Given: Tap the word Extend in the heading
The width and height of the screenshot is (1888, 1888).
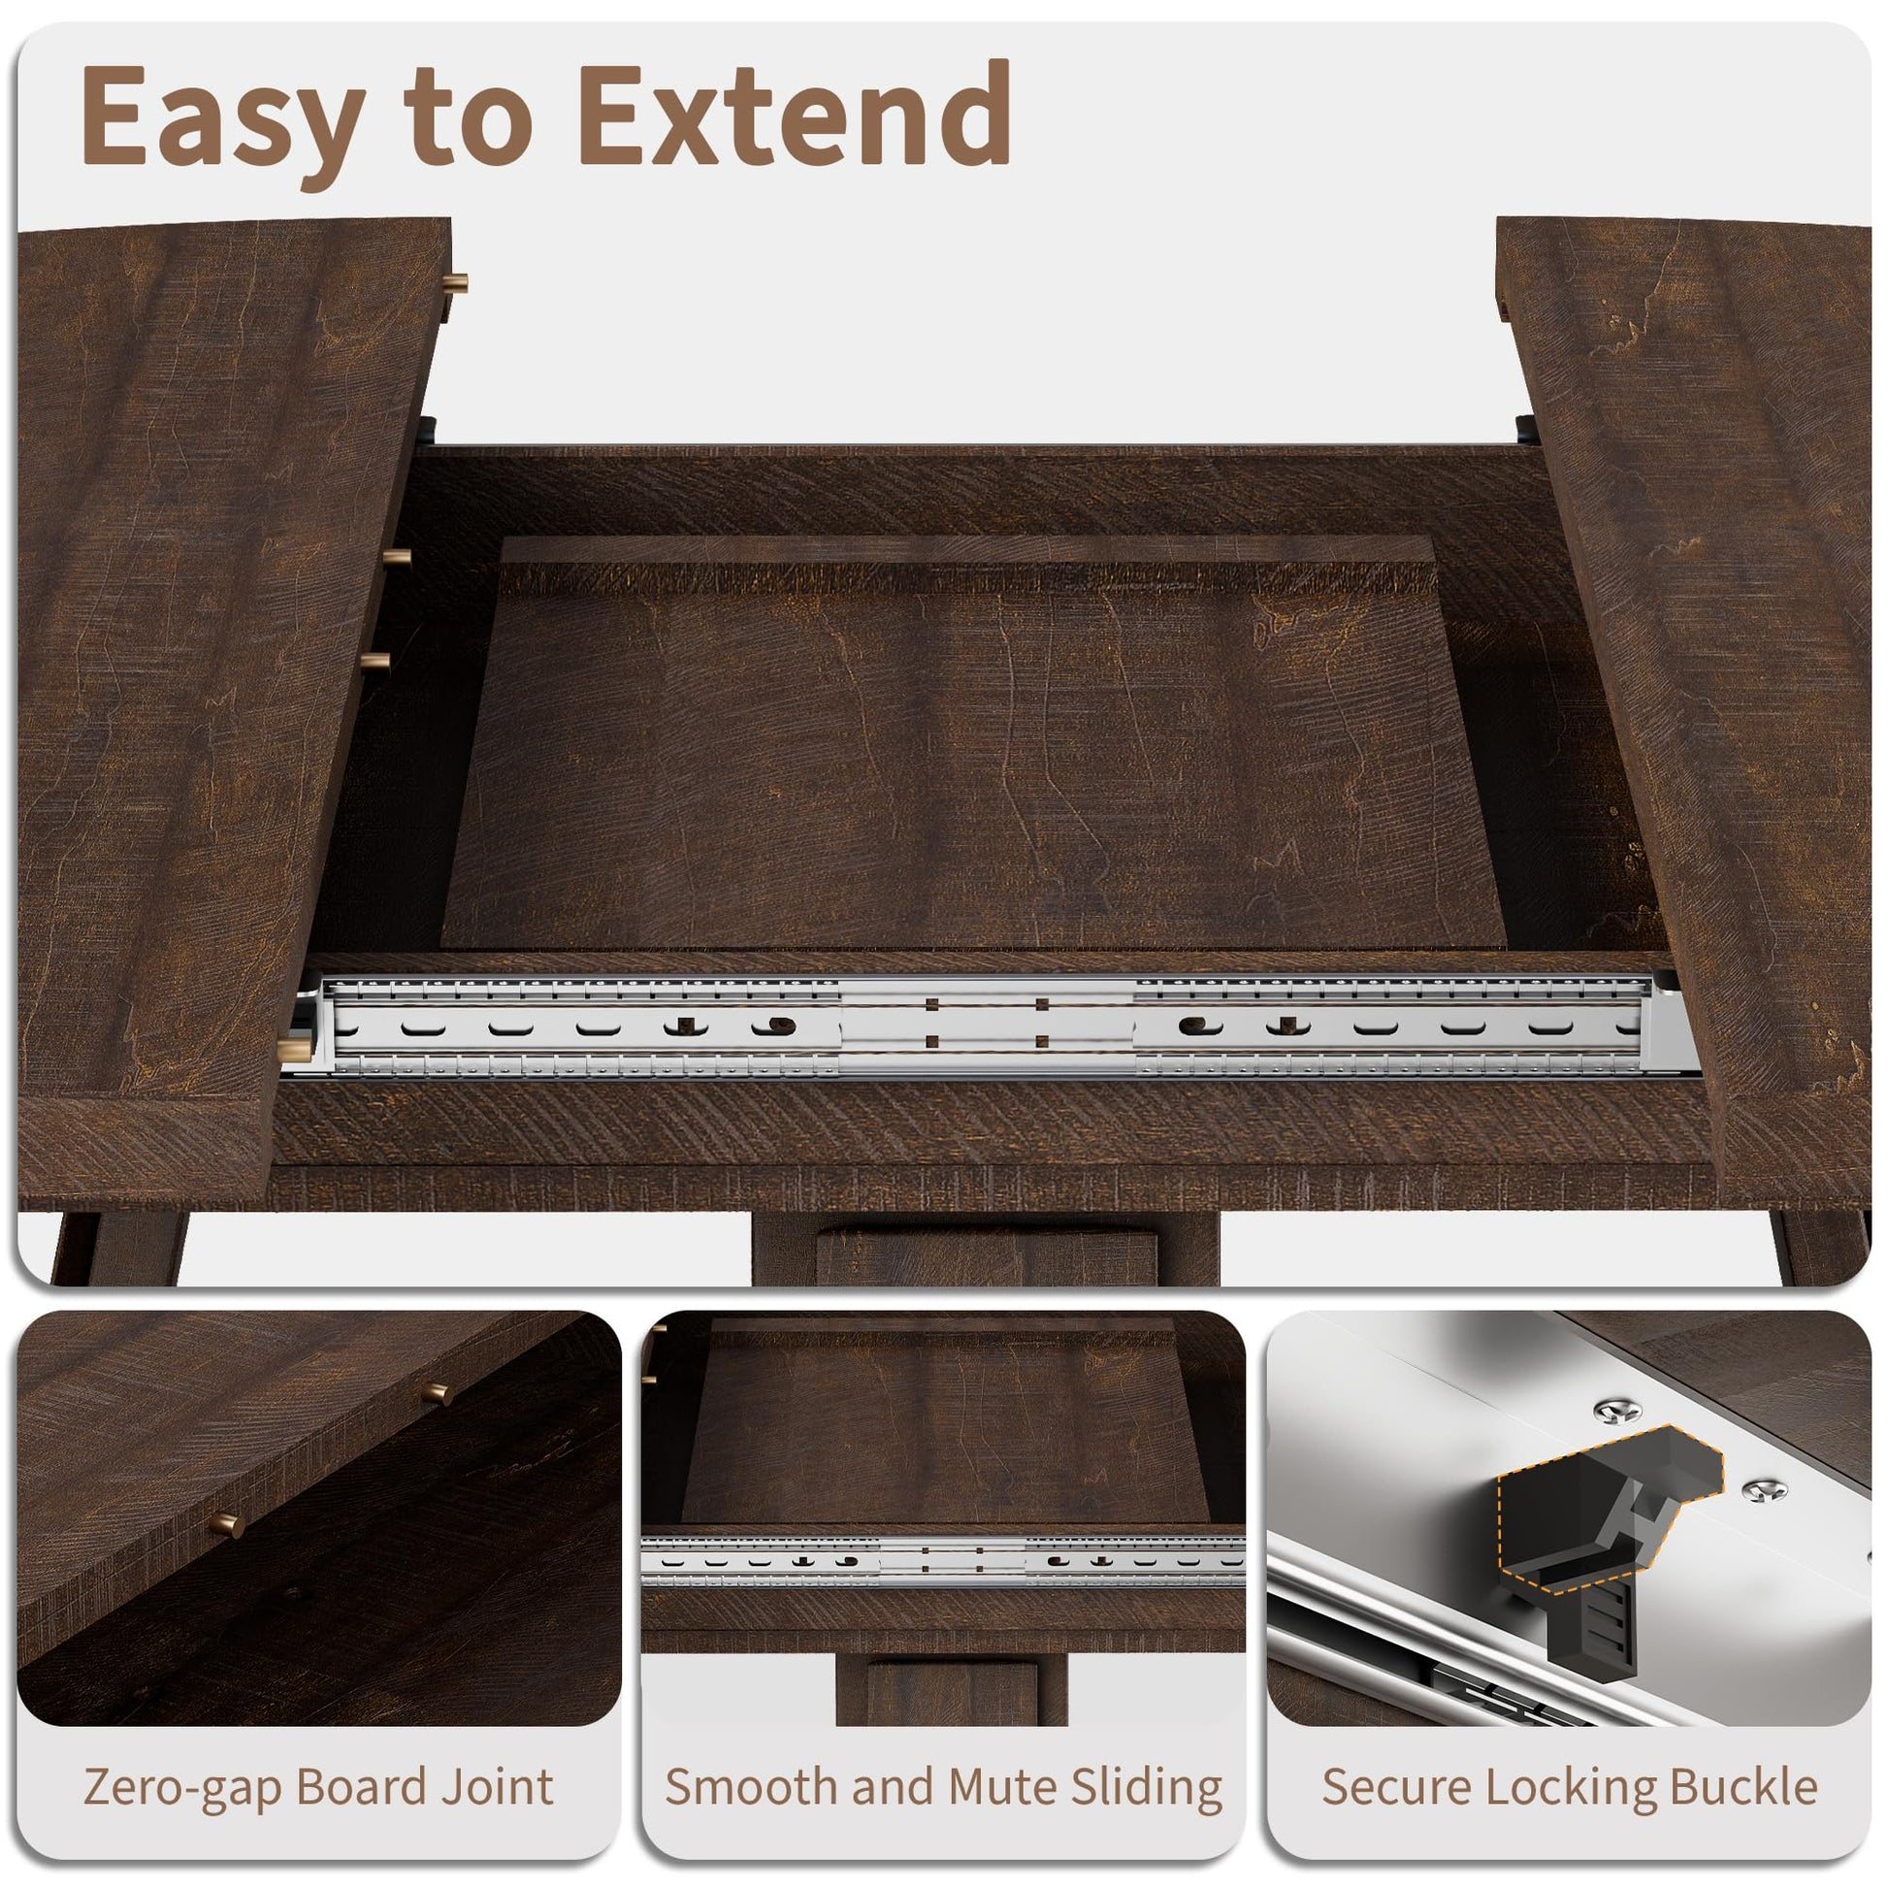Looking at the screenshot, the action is pyautogui.click(x=795, y=115).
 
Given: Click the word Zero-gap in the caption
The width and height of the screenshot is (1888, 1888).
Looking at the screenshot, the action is pyautogui.click(x=181, y=1786).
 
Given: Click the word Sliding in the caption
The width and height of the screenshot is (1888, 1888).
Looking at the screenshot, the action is pyautogui.click(x=1147, y=1786).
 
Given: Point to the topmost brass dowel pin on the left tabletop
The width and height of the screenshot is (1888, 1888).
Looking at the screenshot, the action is pyautogui.click(x=456, y=284).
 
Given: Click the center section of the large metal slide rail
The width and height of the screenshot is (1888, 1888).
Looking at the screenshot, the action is pyautogui.click(x=987, y=1025).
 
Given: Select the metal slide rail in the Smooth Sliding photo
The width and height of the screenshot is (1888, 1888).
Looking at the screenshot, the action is pyautogui.click(x=943, y=1562).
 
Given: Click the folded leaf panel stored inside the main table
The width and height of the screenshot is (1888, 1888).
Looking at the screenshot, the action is pyautogui.click(x=972, y=743).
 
